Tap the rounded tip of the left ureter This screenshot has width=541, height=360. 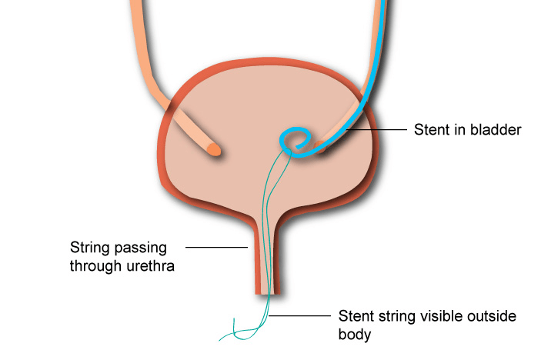pyautogui.click(x=214, y=149)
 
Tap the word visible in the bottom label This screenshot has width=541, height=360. pyautogui.click(x=444, y=316)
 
